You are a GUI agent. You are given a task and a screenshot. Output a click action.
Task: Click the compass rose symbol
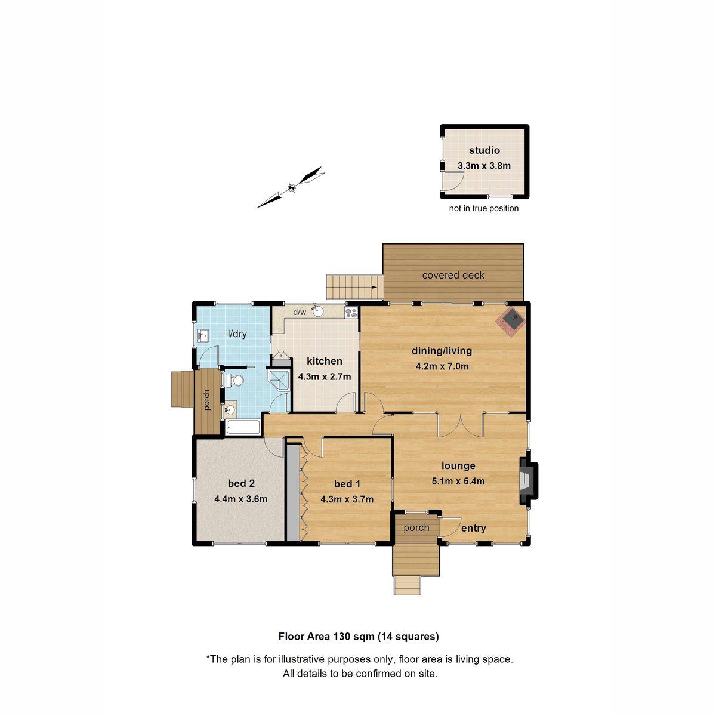pos(291,187)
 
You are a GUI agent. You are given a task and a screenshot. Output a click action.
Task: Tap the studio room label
pos(484,150)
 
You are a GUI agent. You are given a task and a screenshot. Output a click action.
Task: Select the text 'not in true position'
pos(483,208)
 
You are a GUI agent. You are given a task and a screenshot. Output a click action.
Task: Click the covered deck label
pos(453,275)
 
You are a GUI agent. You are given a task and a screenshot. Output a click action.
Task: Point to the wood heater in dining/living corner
pos(512,321)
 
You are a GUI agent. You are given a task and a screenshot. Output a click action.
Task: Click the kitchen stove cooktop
pos(351,312)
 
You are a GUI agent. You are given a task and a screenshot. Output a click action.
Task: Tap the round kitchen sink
pos(317,311)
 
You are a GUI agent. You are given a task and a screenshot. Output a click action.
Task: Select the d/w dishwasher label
pos(300,312)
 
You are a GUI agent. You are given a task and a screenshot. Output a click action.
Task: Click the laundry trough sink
pos(202,337)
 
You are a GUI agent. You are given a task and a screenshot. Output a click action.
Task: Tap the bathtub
pos(243,427)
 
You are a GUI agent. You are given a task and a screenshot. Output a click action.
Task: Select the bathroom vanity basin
pos(230,410)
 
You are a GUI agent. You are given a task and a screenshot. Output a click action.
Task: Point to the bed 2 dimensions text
pos(240,499)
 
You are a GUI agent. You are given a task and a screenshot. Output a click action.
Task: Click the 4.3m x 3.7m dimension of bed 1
pos(347,499)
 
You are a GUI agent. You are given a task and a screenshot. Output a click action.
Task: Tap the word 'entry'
pos(473,528)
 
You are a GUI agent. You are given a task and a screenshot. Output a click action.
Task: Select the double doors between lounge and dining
pos(460,424)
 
